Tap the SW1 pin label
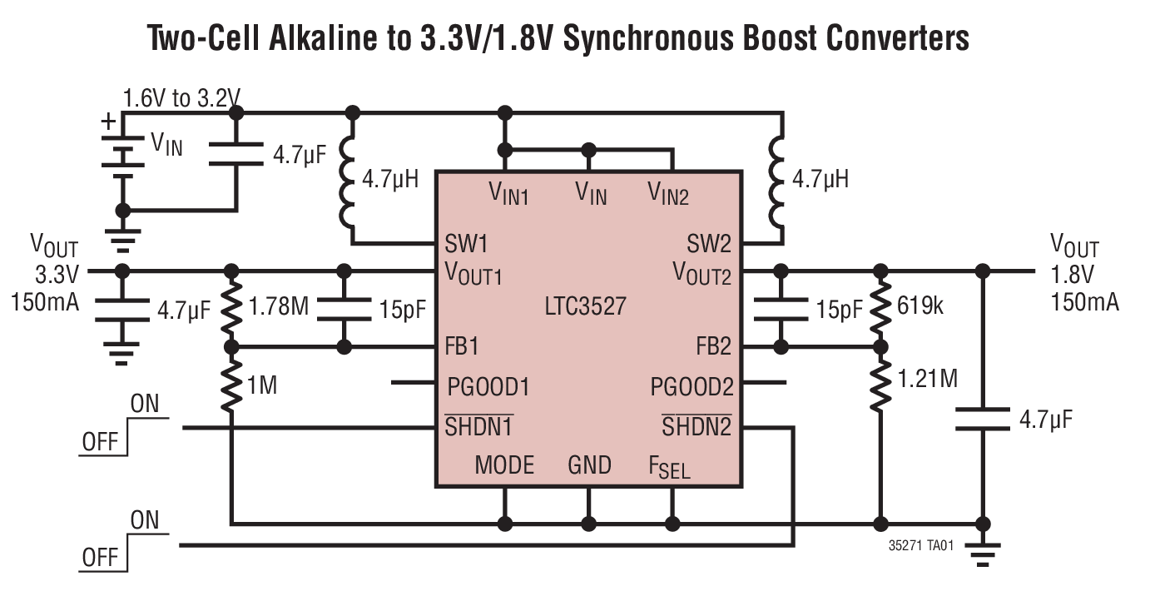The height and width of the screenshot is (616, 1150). click(x=466, y=245)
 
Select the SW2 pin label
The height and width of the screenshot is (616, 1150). click(x=708, y=245)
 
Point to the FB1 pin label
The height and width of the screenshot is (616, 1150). click(x=462, y=345)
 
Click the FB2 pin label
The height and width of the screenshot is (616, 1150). click(x=713, y=345)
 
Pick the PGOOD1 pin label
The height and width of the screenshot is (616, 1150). click(x=488, y=387)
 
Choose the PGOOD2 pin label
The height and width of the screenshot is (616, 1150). click(x=691, y=387)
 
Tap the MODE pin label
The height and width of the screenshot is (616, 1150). click(x=504, y=464)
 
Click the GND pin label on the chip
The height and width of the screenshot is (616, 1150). click(x=589, y=464)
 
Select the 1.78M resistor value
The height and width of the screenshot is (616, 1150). click(x=279, y=307)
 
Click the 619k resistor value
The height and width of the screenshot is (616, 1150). click(x=920, y=306)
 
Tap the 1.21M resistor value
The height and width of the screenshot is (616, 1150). click(x=928, y=380)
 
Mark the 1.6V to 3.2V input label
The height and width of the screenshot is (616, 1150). click(x=181, y=99)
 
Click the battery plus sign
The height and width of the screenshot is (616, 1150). click(x=109, y=122)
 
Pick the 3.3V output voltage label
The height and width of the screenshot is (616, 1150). click(x=55, y=275)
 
